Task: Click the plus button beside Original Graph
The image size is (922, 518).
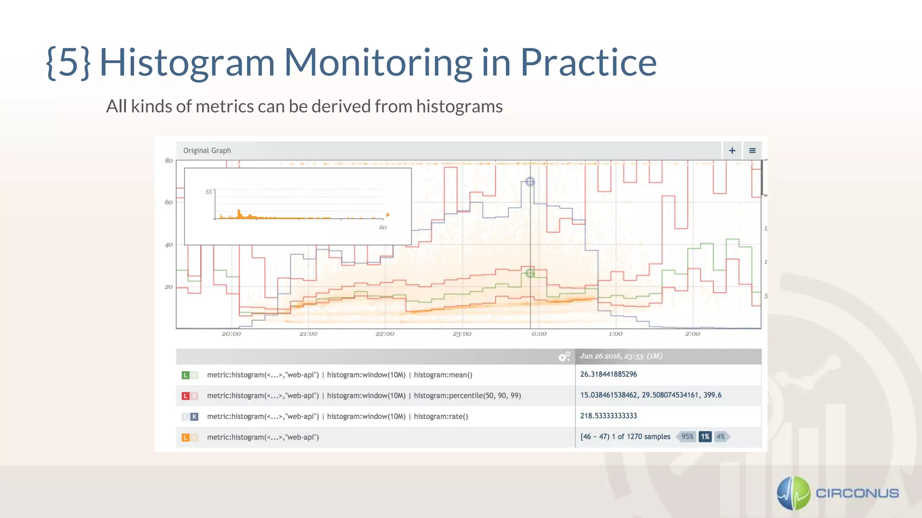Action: pos(732,151)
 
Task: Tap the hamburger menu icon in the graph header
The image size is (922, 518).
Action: pos(752,151)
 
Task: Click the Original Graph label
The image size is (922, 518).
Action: pos(207,151)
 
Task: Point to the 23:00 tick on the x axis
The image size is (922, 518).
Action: pos(462,334)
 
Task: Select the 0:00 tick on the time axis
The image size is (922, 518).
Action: pos(539,334)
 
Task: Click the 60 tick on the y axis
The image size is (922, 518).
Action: pos(169,202)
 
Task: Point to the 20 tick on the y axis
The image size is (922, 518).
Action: pos(169,287)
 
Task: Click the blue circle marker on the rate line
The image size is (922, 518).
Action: pos(530,182)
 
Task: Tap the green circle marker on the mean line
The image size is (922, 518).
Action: pos(530,273)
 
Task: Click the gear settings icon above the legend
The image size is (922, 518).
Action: pos(564,357)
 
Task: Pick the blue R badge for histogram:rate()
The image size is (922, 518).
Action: pos(194,417)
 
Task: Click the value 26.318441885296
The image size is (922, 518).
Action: pos(608,374)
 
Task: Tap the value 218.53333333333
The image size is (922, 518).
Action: pos(608,416)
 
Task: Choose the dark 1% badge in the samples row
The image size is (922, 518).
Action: pos(705,437)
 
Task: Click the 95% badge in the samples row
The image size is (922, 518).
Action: pos(687,437)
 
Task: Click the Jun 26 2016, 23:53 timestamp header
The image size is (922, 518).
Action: pos(621,356)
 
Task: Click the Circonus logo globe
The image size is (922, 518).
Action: pos(793,493)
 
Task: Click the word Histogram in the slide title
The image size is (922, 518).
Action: pos(187,63)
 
